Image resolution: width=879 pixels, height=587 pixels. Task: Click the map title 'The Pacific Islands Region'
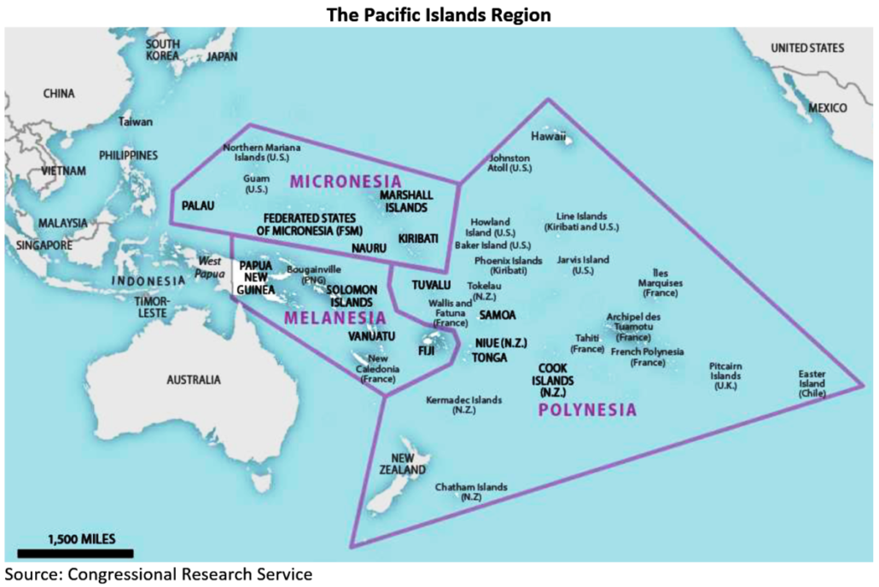[439, 14]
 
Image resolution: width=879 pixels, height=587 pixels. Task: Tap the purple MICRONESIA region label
[346, 181]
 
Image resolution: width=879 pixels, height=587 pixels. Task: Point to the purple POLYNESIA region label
[587, 410]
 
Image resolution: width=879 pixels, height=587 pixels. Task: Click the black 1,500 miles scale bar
[75, 554]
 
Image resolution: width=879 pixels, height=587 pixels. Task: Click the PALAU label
[197, 206]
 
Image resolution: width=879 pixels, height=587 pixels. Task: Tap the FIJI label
[426, 351]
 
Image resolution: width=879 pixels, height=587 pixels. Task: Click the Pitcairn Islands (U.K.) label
[725, 375]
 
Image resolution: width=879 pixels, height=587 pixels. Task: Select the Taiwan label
[137, 122]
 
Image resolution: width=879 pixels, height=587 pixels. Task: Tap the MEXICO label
[828, 108]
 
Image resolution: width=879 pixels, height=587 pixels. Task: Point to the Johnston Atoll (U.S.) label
[509, 163]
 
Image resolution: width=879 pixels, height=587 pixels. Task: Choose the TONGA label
[490, 357]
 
